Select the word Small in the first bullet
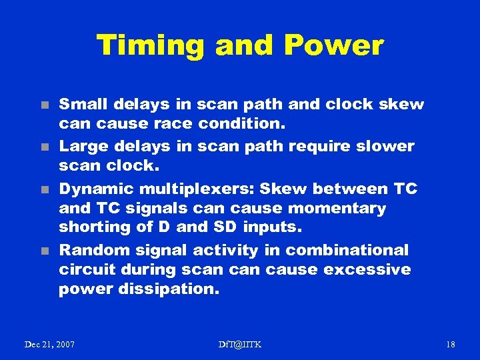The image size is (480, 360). (84, 105)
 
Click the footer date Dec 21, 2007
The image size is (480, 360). (49, 344)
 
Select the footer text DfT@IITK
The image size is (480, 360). (240, 344)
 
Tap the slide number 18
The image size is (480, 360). (450, 344)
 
